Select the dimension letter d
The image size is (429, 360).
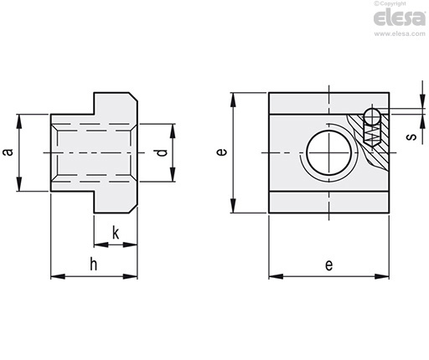point(162,152)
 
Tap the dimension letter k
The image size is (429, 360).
point(116,234)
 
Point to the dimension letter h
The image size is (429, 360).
point(94,264)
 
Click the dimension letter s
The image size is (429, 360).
point(411,136)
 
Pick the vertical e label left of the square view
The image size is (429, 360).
point(222,152)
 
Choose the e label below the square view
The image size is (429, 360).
point(329,265)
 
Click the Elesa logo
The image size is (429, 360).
point(400,18)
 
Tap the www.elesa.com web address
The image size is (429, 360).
point(400,33)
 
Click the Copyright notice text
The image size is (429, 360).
point(390,3)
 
